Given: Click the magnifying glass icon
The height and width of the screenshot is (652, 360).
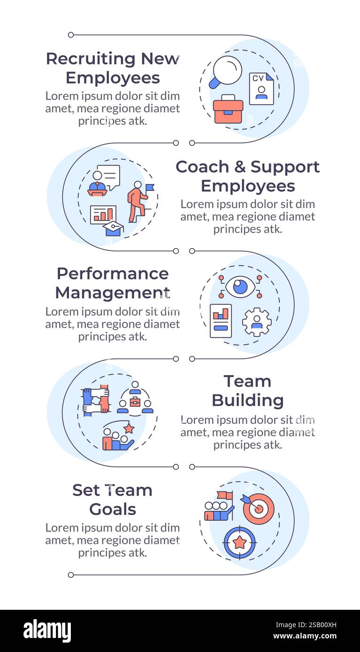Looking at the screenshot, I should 226,71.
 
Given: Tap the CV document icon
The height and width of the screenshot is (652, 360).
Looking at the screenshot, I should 261,89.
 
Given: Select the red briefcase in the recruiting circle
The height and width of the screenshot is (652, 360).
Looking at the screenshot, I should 228,110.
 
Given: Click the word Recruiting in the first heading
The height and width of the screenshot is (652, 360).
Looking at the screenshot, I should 91,59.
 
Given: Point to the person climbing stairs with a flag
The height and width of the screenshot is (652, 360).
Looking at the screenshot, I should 138,201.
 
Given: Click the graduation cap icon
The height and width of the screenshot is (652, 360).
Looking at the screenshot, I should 113,228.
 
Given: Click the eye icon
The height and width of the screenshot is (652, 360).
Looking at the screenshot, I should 240,287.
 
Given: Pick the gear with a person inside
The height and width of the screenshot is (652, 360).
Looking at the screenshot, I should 257,322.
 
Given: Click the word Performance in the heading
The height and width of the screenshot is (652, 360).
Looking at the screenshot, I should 113,273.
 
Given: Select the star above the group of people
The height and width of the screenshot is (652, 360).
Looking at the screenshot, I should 129,428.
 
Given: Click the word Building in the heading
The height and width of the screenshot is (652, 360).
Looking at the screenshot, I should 247,401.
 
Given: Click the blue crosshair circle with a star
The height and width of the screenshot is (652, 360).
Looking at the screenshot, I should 240,542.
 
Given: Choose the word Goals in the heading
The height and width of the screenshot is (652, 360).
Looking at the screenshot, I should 113,509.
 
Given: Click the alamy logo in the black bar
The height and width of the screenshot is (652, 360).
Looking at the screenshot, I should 47,631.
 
